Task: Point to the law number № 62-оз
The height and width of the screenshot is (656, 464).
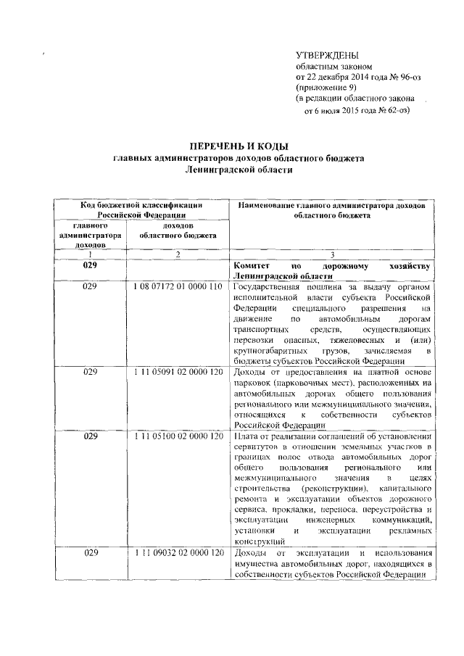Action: click(391, 111)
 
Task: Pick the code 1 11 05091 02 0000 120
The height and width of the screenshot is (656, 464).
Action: click(178, 371)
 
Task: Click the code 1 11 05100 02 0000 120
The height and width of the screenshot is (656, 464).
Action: click(178, 436)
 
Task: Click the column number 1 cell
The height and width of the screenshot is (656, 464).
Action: click(90, 254)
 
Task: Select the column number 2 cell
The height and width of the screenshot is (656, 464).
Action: click(178, 254)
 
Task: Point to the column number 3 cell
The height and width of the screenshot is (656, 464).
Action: click(332, 254)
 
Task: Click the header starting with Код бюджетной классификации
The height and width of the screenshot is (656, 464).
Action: click(141, 210)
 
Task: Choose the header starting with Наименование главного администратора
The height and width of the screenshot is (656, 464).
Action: click(332, 210)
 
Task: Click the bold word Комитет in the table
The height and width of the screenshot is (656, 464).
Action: click(251, 266)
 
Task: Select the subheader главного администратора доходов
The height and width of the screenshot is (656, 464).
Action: click(90, 236)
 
